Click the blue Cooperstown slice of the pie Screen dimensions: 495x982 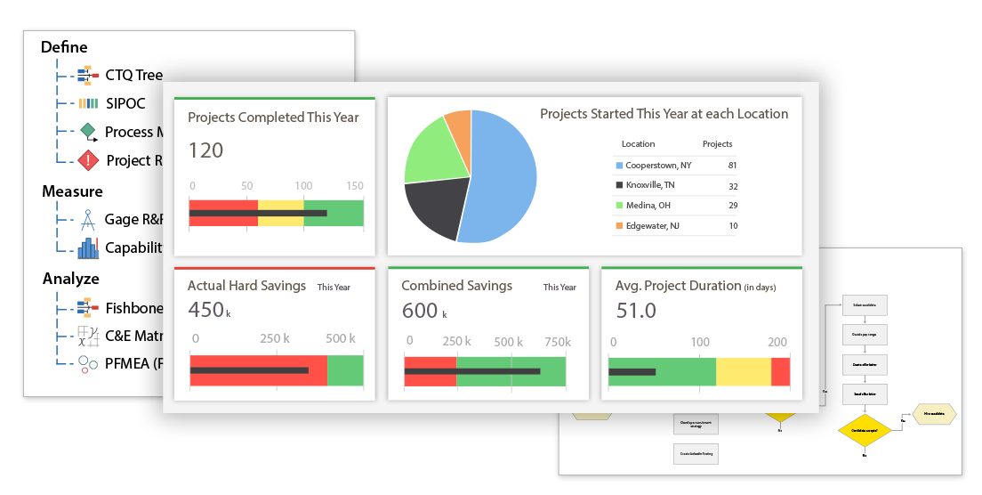503,174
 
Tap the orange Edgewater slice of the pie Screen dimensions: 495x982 459,129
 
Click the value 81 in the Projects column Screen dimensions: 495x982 731,166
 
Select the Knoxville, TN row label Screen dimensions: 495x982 649,185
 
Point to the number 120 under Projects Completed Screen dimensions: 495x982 205,150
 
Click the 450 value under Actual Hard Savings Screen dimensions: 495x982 205,310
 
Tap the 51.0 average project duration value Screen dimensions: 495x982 636,310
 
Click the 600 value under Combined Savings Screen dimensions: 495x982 420,310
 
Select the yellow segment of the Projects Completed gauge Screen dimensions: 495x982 280,213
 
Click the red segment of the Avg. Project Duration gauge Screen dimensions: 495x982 780,372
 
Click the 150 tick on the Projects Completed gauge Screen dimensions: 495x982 355,186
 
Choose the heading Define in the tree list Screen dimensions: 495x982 64,47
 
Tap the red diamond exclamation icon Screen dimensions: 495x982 88,160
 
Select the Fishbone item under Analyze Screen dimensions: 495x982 133,308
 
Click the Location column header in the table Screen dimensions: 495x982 638,143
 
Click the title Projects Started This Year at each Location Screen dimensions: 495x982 664,114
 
